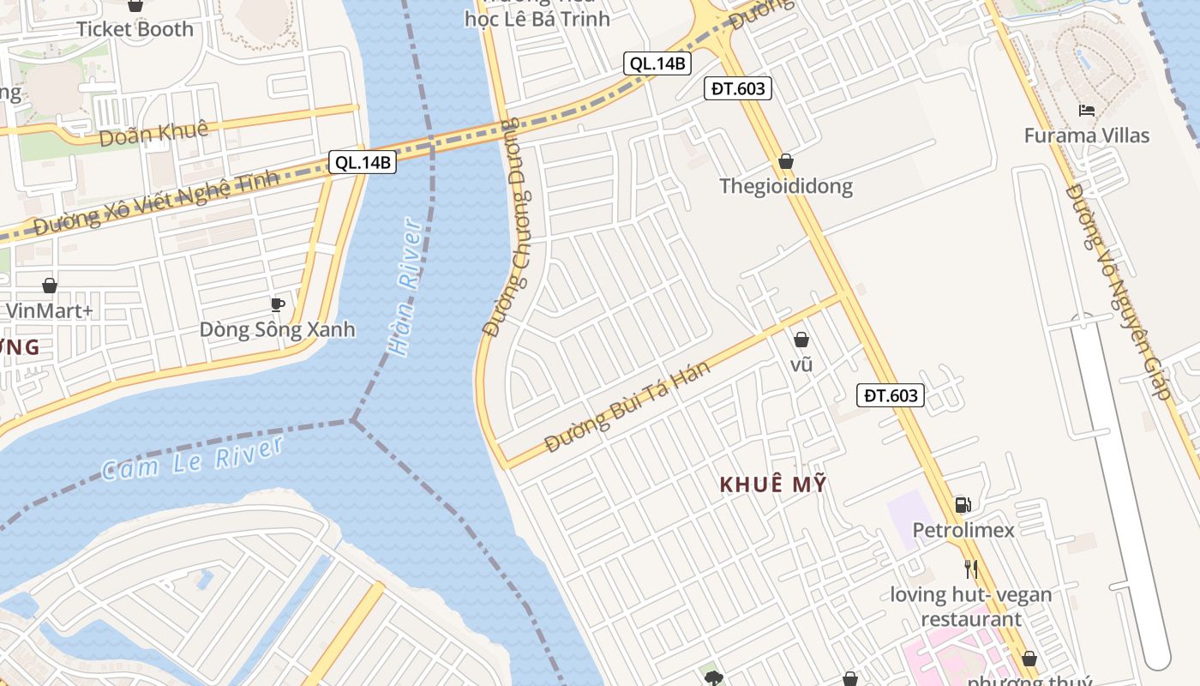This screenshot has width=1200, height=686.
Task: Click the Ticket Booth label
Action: (x=135, y=28)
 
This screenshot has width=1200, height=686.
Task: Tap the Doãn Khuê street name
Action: (x=153, y=133)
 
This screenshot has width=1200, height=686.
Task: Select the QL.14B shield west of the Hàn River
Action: (x=363, y=162)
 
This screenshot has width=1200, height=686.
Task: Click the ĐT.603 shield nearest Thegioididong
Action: (x=737, y=87)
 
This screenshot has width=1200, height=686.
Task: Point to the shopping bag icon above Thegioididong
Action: (x=786, y=161)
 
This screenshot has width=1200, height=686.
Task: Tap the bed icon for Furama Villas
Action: (x=1087, y=110)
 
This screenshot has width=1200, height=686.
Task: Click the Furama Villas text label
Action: (x=1087, y=135)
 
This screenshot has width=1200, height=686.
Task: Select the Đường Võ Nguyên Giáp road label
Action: (x=1118, y=292)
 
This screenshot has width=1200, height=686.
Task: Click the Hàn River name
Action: (x=405, y=287)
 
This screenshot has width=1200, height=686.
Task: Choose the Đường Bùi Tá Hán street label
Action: (x=627, y=406)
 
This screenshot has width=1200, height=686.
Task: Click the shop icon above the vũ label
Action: (x=801, y=340)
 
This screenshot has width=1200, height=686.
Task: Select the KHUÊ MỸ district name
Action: (x=773, y=484)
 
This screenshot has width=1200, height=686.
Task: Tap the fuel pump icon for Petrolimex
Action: (x=963, y=505)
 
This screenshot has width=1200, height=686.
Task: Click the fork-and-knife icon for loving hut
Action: (x=970, y=569)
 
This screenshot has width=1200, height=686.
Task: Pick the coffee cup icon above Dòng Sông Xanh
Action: (x=277, y=304)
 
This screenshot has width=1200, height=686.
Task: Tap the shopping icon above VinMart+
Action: (x=50, y=285)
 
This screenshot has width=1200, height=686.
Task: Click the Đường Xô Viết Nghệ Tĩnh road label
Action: (x=157, y=202)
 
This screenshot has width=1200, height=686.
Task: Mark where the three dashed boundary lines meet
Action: (x=352, y=420)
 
